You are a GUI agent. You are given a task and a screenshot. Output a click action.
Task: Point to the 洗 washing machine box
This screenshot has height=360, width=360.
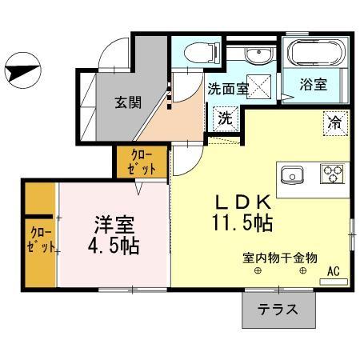click(x=226, y=117)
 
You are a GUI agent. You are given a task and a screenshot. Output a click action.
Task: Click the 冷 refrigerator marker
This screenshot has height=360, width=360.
click(x=334, y=123)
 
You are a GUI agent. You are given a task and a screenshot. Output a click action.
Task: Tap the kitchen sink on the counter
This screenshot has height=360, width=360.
click(x=291, y=174)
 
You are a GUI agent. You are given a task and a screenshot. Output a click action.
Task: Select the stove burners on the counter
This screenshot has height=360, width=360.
click(x=332, y=174)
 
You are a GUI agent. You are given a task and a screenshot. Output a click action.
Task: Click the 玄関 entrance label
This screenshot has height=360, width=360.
click(x=127, y=102)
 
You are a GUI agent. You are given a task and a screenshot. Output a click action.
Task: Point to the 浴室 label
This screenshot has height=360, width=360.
click(x=313, y=82)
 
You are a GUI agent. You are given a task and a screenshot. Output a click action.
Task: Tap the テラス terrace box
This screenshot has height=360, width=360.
click(x=278, y=308)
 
